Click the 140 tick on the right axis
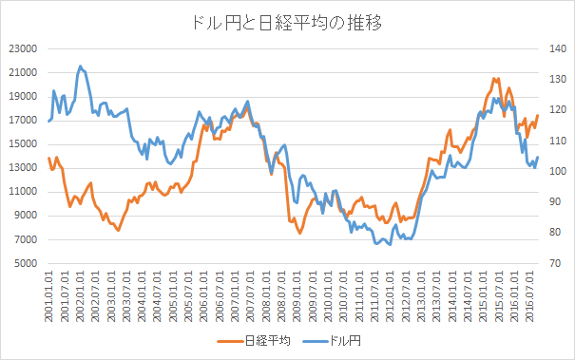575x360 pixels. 556,48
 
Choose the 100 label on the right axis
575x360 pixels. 556,171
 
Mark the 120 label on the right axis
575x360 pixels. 556,110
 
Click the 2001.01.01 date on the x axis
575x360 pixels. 48,294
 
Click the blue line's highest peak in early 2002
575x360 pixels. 81,66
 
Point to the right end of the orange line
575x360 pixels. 538,116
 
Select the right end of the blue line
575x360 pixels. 538,158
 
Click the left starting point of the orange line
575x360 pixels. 48,158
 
